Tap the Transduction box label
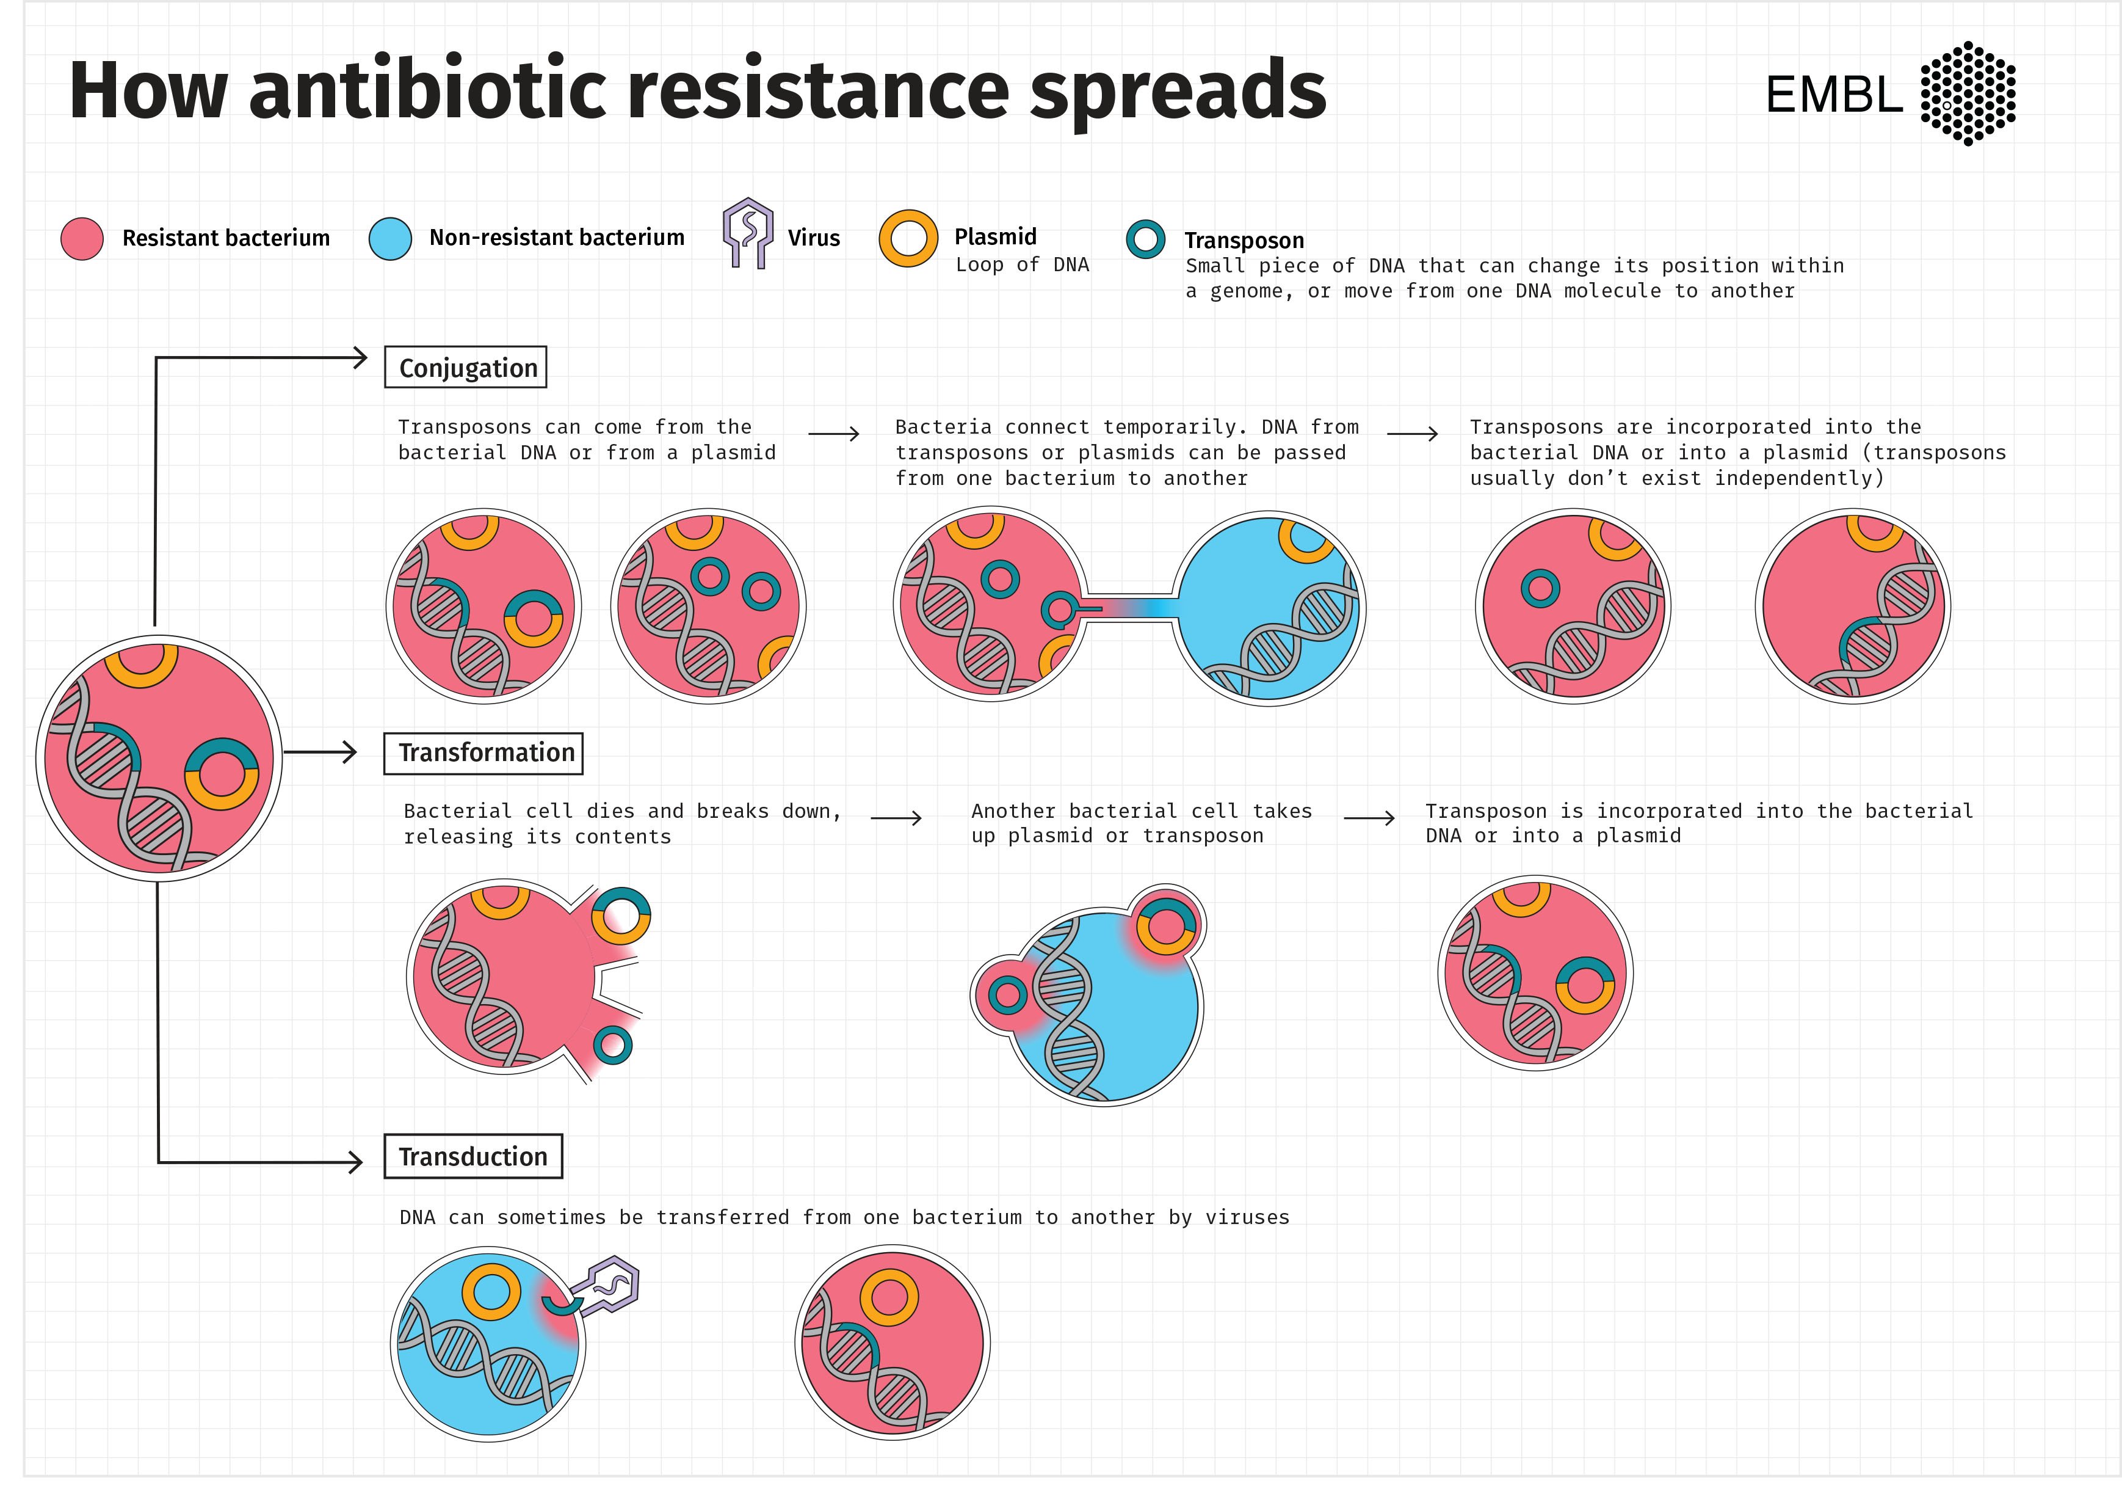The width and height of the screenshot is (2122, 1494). (x=473, y=1157)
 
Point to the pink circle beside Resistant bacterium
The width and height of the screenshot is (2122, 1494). (x=81, y=239)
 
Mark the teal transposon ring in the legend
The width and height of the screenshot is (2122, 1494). (x=1145, y=239)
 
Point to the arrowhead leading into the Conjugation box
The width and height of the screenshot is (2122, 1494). (x=360, y=358)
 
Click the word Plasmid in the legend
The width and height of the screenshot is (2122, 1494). (x=996, y=236)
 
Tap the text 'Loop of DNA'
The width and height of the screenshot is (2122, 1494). (x=1022, y=264)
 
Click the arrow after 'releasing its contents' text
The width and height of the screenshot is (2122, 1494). (x=896, y=818)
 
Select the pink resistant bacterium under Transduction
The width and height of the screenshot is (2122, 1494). (x=892, y=1343)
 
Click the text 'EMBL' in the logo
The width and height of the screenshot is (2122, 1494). (x=1834, y=94)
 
